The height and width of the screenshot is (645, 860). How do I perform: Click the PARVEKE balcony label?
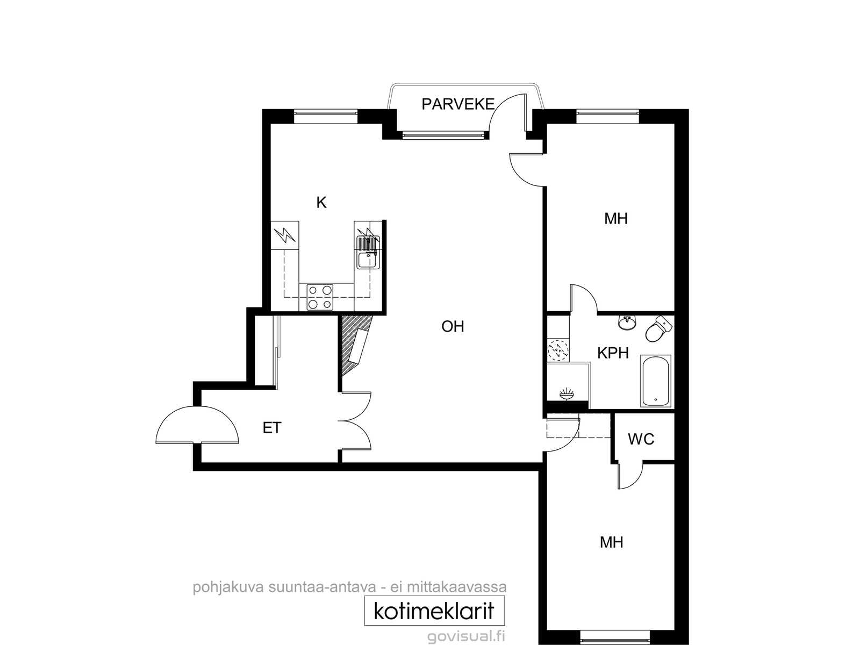pyautogui.click(x=457, y=104)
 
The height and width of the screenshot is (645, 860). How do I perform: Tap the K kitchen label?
pyautogui.click(x=321, y=203)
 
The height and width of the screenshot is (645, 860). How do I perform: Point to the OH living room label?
pyautogui.click(x=453, y=326)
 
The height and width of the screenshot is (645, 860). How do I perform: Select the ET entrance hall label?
pyautogui.click(x=272, y=428)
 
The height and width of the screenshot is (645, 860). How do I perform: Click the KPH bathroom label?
pyautogui.click(x=613, y=353)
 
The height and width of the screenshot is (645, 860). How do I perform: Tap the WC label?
pyautogui.click(x=641, y=439)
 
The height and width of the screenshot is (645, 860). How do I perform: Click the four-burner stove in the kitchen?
pyautogui.click(x=320, y=297)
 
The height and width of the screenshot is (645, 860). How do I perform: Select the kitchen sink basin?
pyautogui.click(x=367, y=260)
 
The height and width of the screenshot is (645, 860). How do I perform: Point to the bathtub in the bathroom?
pyautogui.click(x=655, y=381)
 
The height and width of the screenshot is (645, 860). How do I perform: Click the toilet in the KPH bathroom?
pyautogui.click(x=658, y=329)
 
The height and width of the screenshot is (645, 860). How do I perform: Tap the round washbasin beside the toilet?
pyautogui.click(x=628, y=322)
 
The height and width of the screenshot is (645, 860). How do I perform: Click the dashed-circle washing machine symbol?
pyautogui.click(x=557, y=350)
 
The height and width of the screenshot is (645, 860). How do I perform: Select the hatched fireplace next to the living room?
pyautogui.click(x=356, y=345)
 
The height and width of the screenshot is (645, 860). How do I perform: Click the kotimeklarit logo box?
pyautogui.click(x=434, y=611)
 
